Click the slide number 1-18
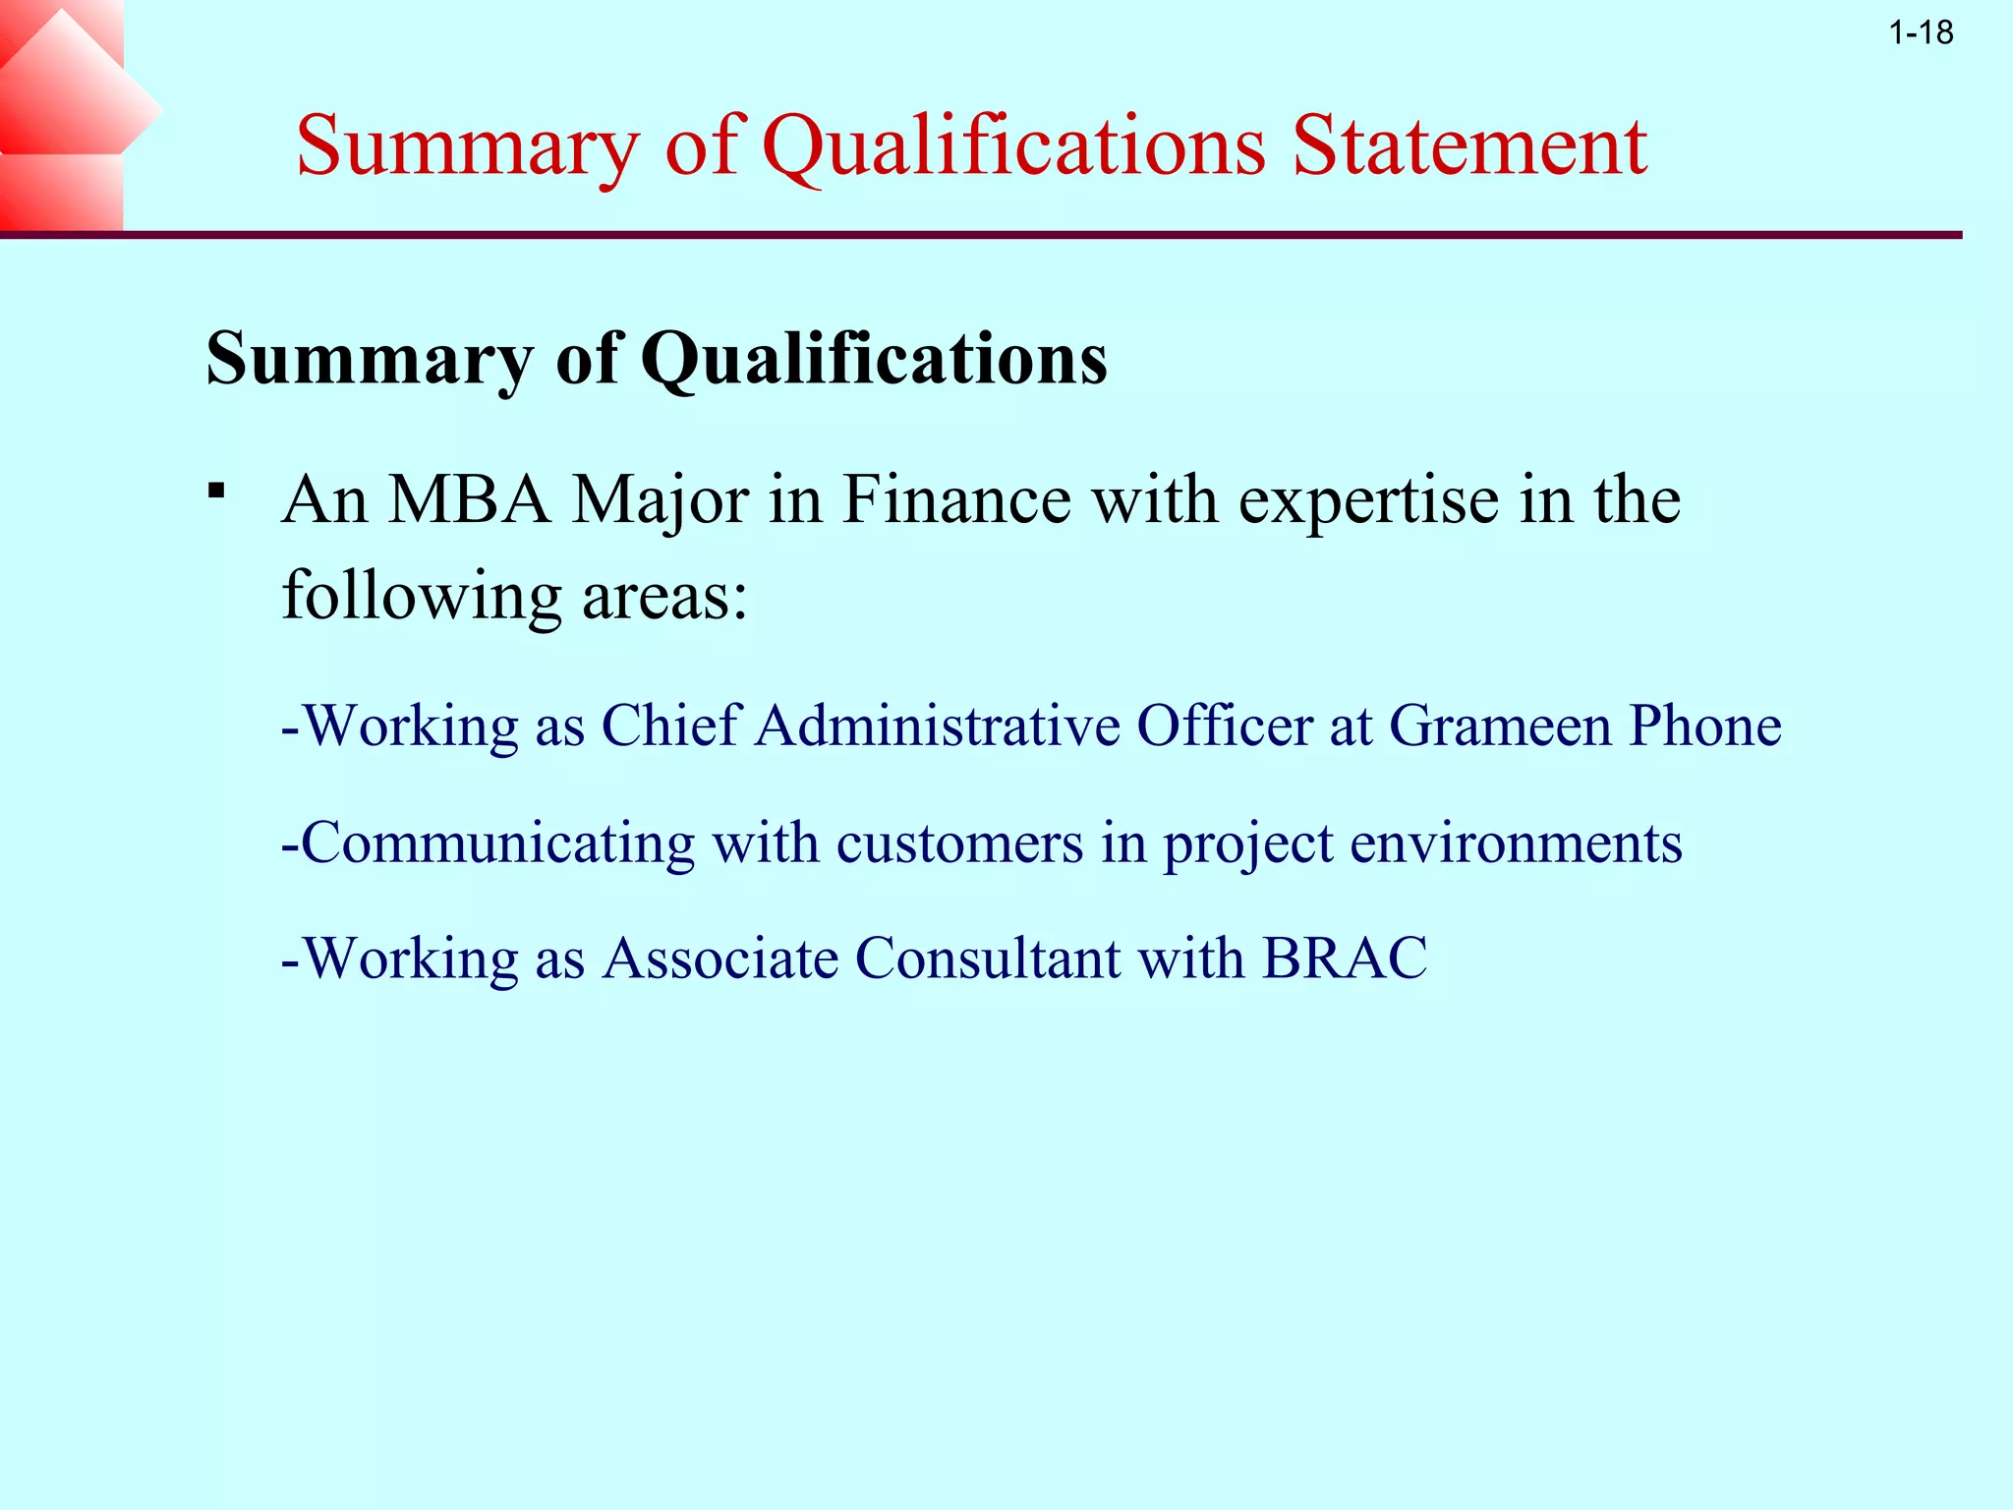(x=1921, y=33)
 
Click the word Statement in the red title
(x=1469, y=146)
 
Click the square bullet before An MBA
(x=217, y=490)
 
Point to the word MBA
(x=470, y=500)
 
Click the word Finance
(x=956, y=500)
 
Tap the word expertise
(x=1368, y=500)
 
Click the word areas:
(x=665, y=596)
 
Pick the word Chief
(x=669, y=726)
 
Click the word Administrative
(x=938, y=726)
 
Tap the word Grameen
(x=1500, y=726)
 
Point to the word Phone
(x=1705, y=726)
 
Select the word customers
(x=959, y=843)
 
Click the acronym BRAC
(x=1345, y=958)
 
